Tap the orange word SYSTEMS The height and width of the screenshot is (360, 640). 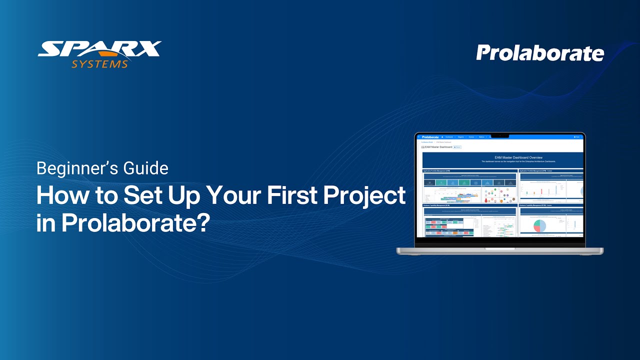99,64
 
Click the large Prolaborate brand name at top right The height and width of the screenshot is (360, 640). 540,53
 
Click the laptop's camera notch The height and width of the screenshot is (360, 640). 499,135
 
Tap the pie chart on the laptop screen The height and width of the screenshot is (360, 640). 537,226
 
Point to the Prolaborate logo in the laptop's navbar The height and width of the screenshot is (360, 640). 430,136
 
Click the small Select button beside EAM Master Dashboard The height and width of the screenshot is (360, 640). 457,147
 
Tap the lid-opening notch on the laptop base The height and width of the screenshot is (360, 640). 499,248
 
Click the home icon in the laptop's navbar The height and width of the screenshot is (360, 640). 442,136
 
